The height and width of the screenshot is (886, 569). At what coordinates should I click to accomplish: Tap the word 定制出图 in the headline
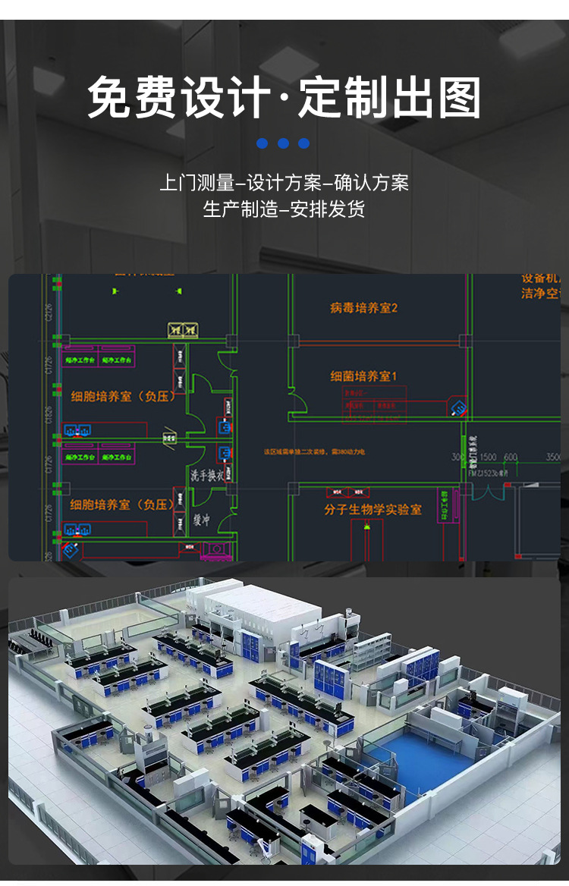click(391, 99)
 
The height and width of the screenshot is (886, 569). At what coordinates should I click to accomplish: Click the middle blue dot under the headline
click(284, 143)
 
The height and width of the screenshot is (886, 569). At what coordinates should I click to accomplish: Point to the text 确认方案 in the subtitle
click(371, 183)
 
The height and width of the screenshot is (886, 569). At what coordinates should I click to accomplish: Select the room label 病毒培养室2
click(363, 308)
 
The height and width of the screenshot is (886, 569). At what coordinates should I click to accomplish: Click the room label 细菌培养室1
click(363, 376)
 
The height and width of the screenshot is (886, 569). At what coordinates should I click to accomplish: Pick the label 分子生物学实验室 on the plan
click(373, 510)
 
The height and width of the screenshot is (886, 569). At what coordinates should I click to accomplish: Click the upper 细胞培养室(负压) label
click(122, 396)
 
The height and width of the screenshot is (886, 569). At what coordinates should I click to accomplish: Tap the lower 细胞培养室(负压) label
click(122, 504)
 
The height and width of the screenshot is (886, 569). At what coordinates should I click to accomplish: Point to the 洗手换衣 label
click(206, 476)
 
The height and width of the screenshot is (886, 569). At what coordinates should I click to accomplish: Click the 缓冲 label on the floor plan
click(201, 520)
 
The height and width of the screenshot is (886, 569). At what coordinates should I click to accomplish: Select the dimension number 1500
click(488, 457)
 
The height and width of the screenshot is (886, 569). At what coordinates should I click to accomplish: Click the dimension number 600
click(511, 457)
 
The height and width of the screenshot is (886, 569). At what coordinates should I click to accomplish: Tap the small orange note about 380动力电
click(314, 451)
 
